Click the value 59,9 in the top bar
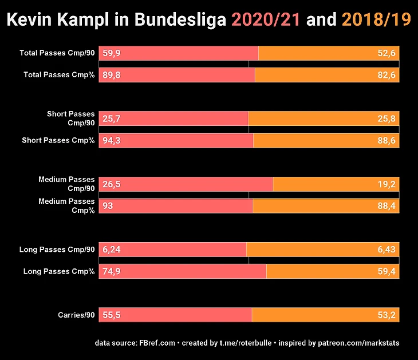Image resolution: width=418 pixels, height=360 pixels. pos(111,53)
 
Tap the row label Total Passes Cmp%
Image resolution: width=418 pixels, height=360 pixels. pos(59,75)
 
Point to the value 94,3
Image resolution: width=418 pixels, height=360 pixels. pos(111,141)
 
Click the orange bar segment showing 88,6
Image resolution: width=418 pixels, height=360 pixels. pos(326,141)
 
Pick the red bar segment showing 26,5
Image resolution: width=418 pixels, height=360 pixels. pos(186,184)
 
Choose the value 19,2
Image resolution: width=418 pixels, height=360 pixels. pos(387,184)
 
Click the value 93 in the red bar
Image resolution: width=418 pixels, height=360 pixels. pos(108,206)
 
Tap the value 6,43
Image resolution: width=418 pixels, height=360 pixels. pos(387,250)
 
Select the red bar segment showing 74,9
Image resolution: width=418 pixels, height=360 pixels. pos(183,271)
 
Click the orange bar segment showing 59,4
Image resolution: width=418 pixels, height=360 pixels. pos(333,271)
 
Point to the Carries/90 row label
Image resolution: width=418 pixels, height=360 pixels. pos(76,315)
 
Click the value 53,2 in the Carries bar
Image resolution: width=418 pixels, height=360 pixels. pos(387,315)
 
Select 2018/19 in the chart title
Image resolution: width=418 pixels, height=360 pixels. pos(376,20)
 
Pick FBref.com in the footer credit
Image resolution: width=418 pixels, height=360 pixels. pos(157,343)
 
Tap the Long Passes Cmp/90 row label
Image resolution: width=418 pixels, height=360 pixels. pos(57,250)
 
